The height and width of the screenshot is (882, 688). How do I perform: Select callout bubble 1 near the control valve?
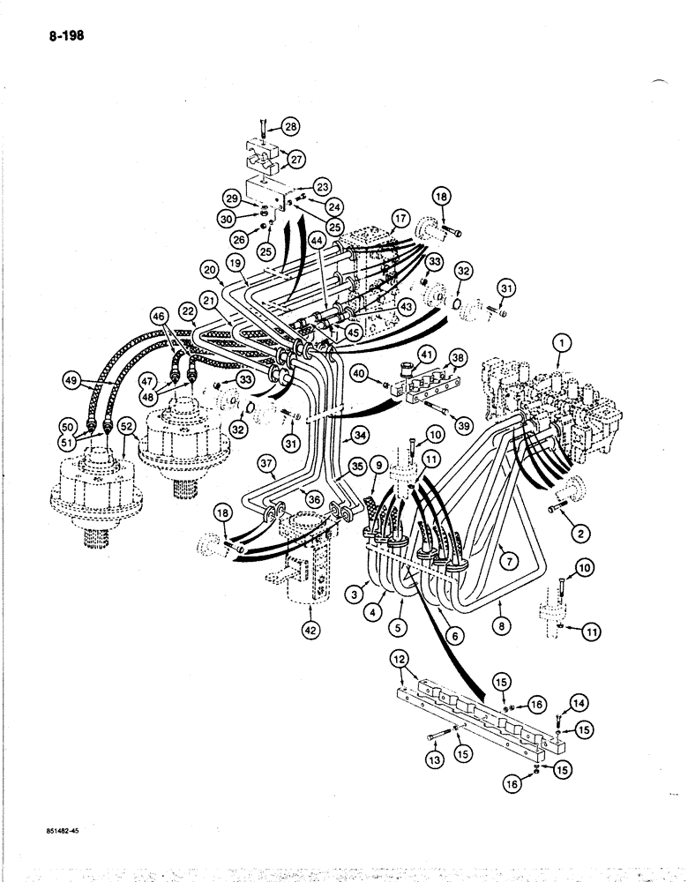pos(557,340)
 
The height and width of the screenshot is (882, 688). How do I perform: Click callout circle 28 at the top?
pos(291,127)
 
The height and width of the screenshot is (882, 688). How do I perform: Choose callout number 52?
pos(128,427)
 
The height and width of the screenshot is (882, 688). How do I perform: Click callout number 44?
pos(318,240)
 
